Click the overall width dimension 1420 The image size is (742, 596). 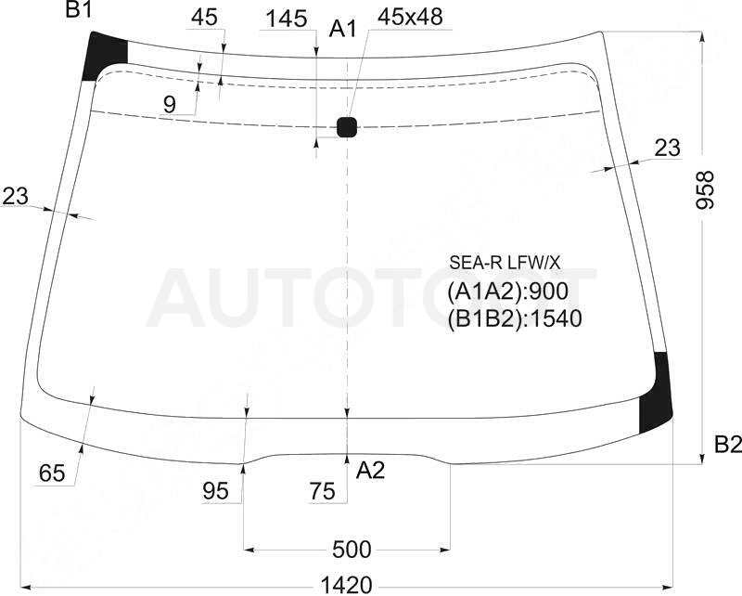click(347, 586)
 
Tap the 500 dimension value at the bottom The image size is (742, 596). click(352, 550)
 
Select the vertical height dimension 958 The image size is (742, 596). click(705, 190)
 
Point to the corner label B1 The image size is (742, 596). click(79, 9)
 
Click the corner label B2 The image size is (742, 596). click(727, 445)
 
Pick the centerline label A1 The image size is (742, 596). click(342, 30)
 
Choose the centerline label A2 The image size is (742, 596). click(370, 471)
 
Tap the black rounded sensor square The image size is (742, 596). click(347, 127)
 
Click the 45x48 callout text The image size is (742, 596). click(410, 17)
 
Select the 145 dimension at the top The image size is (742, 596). click(287, 19)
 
